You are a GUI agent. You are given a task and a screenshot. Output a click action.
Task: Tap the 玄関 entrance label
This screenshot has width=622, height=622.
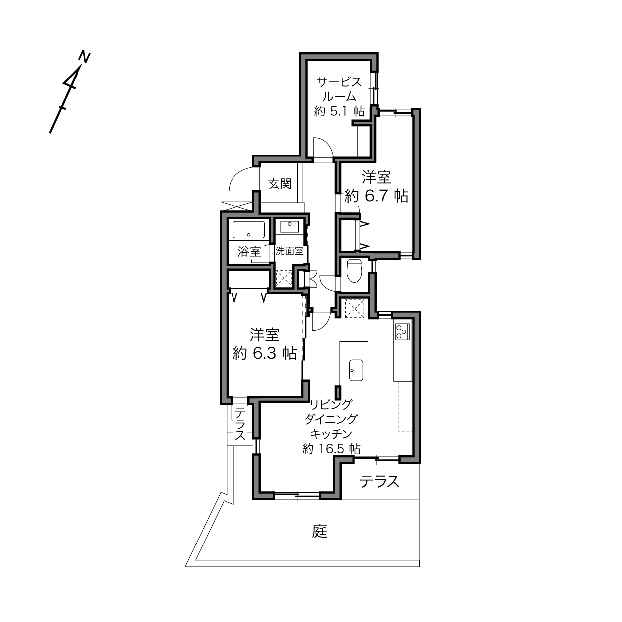(280, 184)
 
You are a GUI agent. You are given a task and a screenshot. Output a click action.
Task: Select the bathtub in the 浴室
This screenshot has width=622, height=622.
(248, 230)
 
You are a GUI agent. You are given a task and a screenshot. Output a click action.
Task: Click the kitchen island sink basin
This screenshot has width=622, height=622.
(356, 370)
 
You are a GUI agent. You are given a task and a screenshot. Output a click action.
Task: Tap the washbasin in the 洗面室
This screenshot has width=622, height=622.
(290, 227)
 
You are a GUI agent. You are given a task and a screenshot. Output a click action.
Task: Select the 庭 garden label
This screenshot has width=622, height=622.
(319, 531)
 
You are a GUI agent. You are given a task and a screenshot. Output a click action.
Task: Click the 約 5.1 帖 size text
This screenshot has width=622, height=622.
(339, 111)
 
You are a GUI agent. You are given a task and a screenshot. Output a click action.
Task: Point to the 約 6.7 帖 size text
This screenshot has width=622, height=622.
(377, 196)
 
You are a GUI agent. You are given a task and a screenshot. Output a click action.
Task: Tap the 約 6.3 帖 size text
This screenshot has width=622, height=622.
(265, 353)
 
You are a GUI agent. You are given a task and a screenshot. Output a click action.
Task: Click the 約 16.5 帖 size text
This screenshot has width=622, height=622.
(331, 449)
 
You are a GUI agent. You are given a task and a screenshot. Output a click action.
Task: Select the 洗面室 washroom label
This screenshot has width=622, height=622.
(289, 251)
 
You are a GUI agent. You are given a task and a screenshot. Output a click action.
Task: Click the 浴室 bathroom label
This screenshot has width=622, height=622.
(249, 252)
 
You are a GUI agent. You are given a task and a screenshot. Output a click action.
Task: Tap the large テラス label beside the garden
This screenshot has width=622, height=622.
(380, 482)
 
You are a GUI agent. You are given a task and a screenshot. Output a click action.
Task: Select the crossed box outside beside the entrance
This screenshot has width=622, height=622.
(236, 206)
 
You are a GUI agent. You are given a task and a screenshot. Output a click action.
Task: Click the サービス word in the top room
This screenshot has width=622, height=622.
(339, 82)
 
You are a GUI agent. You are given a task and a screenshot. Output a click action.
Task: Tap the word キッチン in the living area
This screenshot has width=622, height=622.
(331, 434)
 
